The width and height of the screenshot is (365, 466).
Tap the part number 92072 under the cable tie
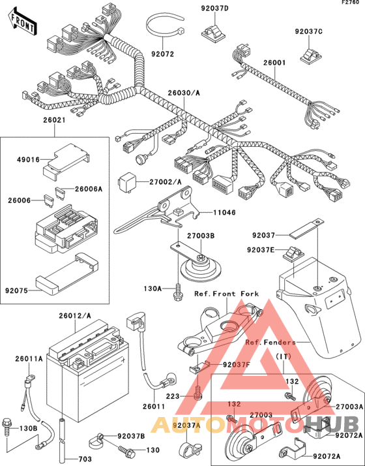point(164,54)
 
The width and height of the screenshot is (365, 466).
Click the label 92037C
point(308,31)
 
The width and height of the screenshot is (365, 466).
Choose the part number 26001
point(275,63)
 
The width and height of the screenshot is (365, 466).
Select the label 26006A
point(89,189)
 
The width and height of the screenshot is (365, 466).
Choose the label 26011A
point(30,358)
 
